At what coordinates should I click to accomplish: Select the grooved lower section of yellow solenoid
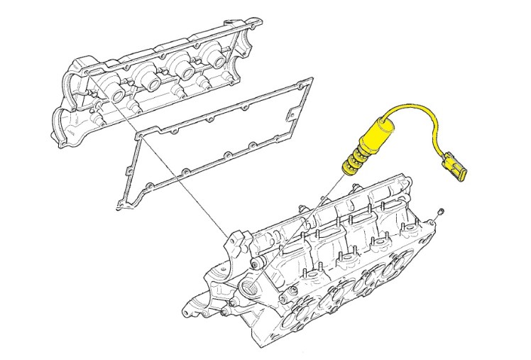[x=352, y=163]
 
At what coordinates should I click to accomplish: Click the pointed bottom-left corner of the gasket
[x=118, y=207]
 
